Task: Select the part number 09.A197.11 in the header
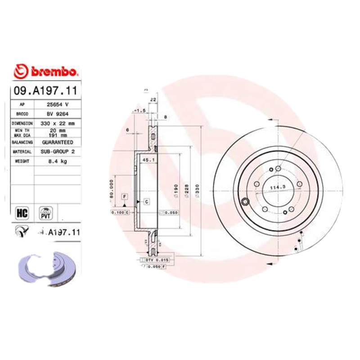pos(45,90)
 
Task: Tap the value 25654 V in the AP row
pos(57,104)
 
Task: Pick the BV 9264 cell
pos(57,114)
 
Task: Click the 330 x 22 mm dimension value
pos(57,123)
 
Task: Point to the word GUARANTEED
pos(57,142)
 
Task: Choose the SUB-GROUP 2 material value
pos(57,152)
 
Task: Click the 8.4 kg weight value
pos(57,162)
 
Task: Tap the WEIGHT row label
pos(22,162)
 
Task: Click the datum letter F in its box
pos(125,197)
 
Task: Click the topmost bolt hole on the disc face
pos(278,168)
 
